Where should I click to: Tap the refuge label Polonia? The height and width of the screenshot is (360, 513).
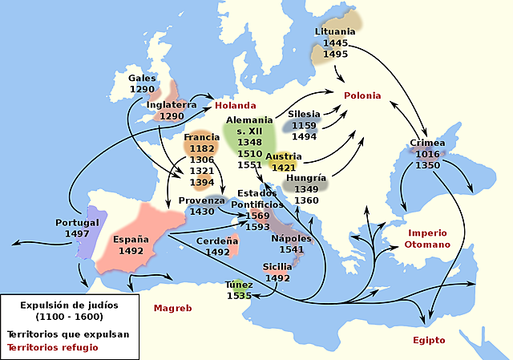tap(362, 95)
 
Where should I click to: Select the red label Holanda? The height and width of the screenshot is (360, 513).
tap(235, 105)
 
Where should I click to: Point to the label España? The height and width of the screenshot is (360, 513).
tap(130, 239)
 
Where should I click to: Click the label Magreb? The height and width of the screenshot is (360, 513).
tap(173, 307)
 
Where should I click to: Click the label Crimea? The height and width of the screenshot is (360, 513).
tap(427, 143)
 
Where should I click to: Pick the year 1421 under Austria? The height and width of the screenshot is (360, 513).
tap(284, 168)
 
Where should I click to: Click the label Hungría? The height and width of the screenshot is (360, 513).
tap(306, 178)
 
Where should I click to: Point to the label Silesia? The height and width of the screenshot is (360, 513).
tap(304, 114)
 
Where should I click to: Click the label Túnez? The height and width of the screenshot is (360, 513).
tap(239, 285)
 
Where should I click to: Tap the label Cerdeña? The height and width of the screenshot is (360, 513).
tap(217, 241)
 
